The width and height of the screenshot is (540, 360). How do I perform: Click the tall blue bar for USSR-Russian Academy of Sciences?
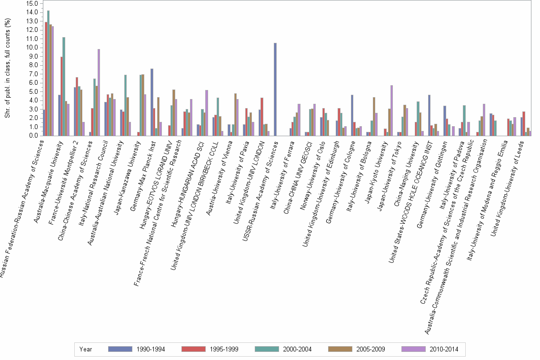coord(275,90)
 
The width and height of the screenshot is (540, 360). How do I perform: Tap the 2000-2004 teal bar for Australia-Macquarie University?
coord(64,86)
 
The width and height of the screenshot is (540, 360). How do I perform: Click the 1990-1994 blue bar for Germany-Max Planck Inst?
coord(152,102)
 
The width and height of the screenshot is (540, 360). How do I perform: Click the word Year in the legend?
coord(86,349)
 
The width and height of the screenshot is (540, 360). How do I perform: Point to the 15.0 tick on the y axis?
coord(32,3)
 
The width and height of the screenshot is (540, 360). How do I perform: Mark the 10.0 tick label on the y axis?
coord(32,48)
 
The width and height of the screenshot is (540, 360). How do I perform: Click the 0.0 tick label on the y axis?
coord(33,136)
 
